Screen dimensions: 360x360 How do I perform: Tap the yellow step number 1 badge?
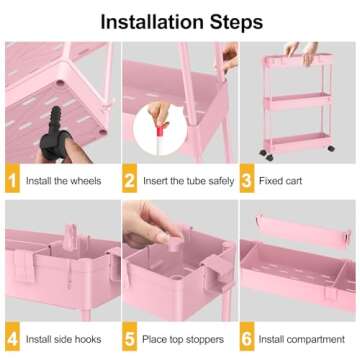tap(12, 182)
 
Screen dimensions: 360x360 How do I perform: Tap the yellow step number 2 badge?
tap(131, 182)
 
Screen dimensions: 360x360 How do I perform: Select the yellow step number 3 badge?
tap(250, 182)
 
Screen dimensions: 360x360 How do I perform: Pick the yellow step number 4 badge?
tap(12, 338)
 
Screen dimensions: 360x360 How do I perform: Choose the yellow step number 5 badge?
tap(131, 338)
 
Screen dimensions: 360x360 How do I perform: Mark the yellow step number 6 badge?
tap(250, 338)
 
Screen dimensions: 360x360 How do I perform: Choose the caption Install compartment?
tap(305, 338)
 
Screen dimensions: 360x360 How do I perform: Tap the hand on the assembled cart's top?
tap(295, 48)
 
